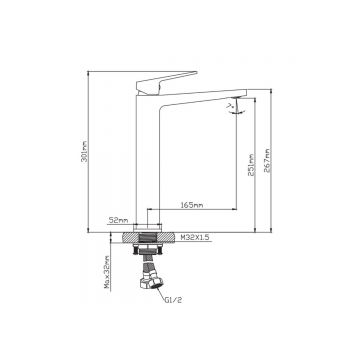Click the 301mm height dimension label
84,152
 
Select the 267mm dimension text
267,161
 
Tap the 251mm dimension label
251,165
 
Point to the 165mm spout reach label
192,205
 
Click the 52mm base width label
119,220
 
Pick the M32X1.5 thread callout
195,237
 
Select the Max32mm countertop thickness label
107,272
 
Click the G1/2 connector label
174,300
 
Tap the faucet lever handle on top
167,82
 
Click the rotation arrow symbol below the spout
235,111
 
